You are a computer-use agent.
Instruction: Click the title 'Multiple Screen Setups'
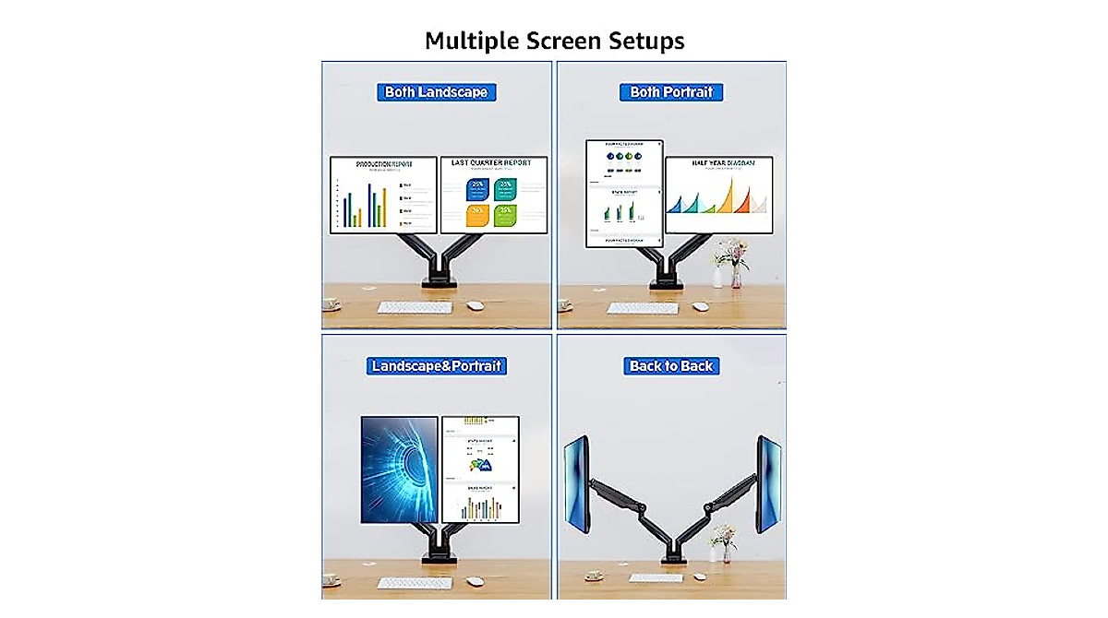[x=554, y=41]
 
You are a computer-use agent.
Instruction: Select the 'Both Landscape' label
[x=436, y=92]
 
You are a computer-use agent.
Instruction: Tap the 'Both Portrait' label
[x=671, y=92]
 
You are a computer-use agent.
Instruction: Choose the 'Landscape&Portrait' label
[x=436, y=366]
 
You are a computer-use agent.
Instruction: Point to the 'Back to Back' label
[x=671, y=366]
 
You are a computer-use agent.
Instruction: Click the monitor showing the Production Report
[x=383, y=195]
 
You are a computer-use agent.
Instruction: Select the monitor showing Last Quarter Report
[x=493, y=195]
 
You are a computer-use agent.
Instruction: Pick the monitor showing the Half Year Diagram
[x=718, y=195]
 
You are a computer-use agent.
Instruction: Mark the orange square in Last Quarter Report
[x=477, y=216]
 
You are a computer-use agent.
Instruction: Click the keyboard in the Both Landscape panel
[x=415, y=307]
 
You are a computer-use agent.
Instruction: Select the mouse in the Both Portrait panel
[x=701, y=306]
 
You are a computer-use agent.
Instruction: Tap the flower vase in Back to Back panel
[x=725, y=544]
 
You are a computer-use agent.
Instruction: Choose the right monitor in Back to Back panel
[x=768, y=483]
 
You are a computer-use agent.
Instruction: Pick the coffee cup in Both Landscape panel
[x=331, y=304]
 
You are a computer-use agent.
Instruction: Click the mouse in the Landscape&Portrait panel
[x=475, y=581]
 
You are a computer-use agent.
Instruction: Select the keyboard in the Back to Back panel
[x=656, y=578]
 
